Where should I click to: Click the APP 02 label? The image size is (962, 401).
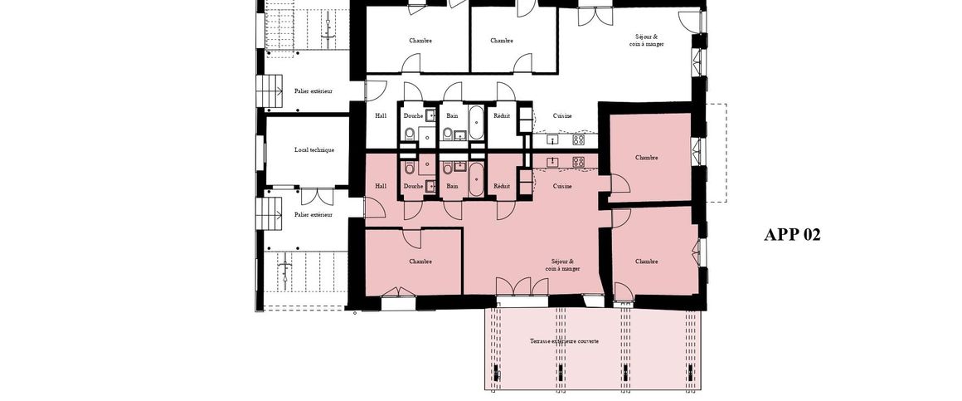pos(791,235)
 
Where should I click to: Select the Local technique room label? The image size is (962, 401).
pos(314,150)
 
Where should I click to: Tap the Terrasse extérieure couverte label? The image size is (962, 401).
pos(564,341)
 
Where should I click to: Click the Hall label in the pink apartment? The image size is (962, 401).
pos(381,186)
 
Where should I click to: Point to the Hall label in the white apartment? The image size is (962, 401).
pos(381,115)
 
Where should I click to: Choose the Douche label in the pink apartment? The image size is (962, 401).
pos(413,186)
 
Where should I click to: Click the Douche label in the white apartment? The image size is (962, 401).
pos(413,115)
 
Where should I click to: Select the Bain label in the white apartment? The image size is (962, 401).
pos(452,115)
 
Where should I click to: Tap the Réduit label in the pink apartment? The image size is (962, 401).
pos(501,186)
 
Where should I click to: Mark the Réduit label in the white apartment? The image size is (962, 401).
pos(501,115)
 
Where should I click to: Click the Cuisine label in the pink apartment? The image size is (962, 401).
pos(562,186)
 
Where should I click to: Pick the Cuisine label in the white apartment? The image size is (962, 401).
pos(562,115)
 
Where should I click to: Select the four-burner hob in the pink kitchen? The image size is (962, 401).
pos(578,161)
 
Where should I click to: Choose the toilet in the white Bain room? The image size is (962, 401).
pos(447,133)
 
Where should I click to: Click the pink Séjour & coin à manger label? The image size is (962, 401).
pos(562,265)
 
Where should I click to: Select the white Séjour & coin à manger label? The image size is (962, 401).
pos(646,40)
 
